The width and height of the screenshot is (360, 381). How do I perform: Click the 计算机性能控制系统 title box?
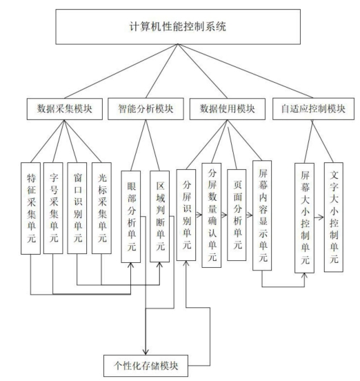(178, 27)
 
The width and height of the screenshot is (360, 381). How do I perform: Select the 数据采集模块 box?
(65, 109)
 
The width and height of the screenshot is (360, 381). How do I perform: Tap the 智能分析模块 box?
(146, 109)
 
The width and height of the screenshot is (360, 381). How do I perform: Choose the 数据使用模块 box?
(227, 109)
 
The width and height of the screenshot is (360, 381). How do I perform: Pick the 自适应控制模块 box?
(313, 109)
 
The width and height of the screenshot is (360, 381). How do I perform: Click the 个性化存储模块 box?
(146, 366)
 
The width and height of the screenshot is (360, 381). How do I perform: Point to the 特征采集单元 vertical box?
(30, 208)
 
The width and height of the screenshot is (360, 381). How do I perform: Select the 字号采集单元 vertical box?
(53, 208)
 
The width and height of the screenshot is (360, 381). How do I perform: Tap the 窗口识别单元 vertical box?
(77, 208)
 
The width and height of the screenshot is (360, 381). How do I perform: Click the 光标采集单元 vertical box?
(101, 208)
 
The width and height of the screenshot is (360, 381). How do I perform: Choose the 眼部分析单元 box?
(131, 217)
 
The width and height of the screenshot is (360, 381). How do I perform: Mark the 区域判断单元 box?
(160, 217)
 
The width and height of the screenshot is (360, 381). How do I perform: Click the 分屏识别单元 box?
(186, 215)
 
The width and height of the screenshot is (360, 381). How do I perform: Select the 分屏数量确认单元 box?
(212, 215)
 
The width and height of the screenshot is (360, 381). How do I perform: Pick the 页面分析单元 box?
(237, 215)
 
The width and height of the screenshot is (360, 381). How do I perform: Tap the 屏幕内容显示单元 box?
(262, 215)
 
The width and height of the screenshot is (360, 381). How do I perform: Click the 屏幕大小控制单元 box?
(304, 218)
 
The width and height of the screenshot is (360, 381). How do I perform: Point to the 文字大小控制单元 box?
(334, 217)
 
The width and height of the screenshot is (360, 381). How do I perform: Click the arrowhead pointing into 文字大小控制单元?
(322, 217)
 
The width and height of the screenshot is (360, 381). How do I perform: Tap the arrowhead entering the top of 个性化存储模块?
(146, 352)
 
